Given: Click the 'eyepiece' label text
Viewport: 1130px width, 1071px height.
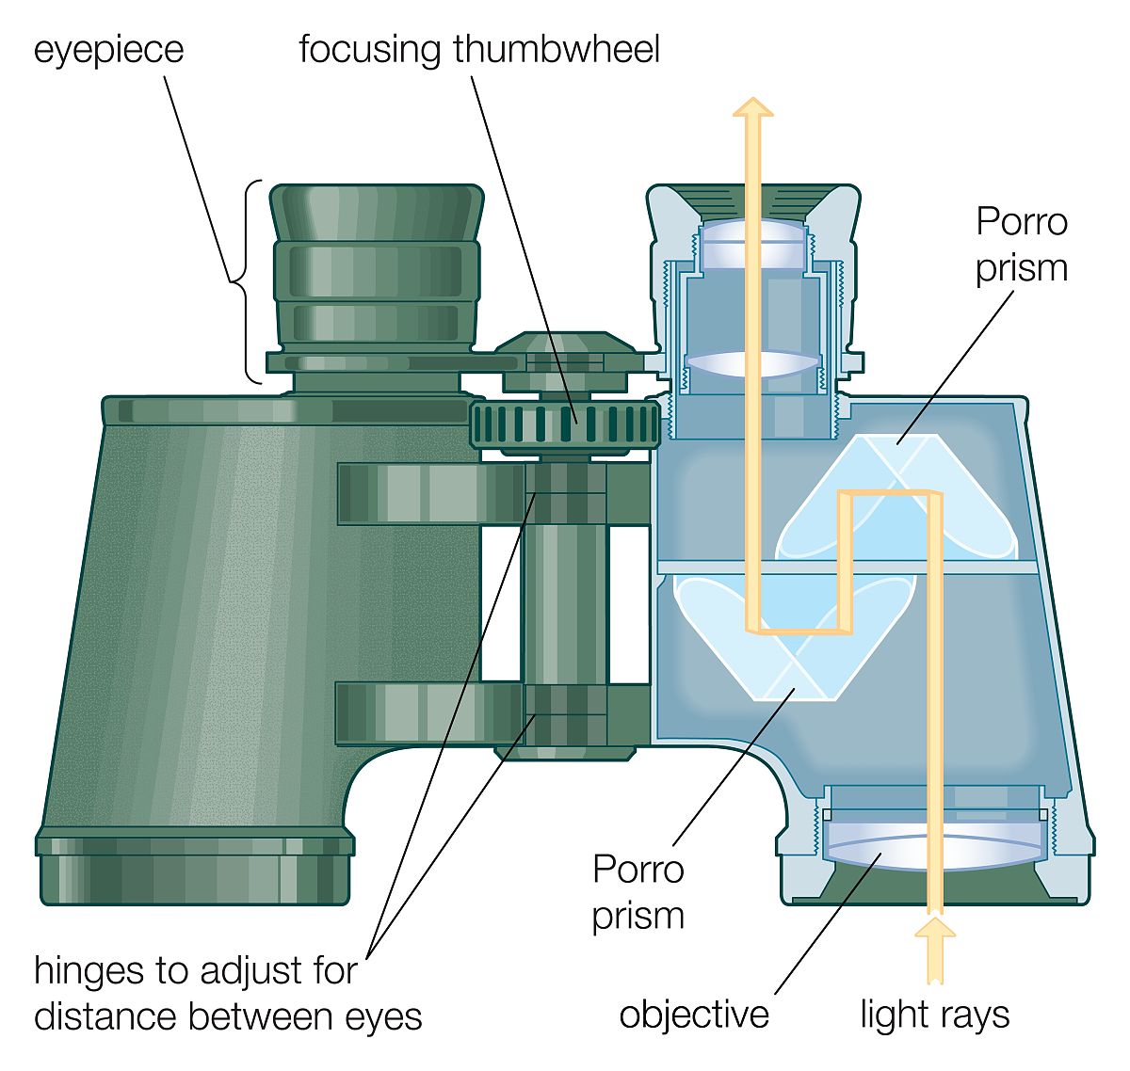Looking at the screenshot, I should point(108,49).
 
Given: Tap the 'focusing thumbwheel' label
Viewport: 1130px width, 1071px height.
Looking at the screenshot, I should point(478,49).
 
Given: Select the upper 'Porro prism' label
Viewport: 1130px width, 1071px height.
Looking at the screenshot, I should point(1021,245).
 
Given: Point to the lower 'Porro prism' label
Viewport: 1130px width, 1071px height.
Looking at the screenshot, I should point(638,891).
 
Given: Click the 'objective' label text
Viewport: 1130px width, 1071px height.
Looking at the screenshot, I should point(694,1015).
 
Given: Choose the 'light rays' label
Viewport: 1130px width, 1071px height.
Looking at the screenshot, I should point(934,1015).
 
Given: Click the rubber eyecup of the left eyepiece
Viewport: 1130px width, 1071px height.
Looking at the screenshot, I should point(377,212).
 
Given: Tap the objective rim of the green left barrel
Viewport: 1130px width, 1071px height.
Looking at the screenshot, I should point(195,866).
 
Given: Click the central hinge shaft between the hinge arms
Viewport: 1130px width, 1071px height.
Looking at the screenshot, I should point(565,602).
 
